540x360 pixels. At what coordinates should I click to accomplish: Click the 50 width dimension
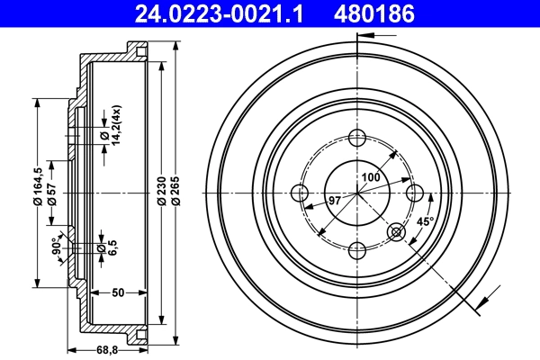[117, 293]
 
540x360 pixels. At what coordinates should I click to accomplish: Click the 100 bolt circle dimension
[370, 177]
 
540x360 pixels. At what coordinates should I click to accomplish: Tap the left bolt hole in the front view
[300, 193]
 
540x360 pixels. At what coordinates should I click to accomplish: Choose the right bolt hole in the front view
[414, 193]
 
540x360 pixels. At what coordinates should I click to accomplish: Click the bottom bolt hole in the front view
[356, 249]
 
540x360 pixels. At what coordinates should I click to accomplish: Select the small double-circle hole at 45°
[396, 232]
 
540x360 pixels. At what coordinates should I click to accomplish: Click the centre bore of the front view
[356, 193]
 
